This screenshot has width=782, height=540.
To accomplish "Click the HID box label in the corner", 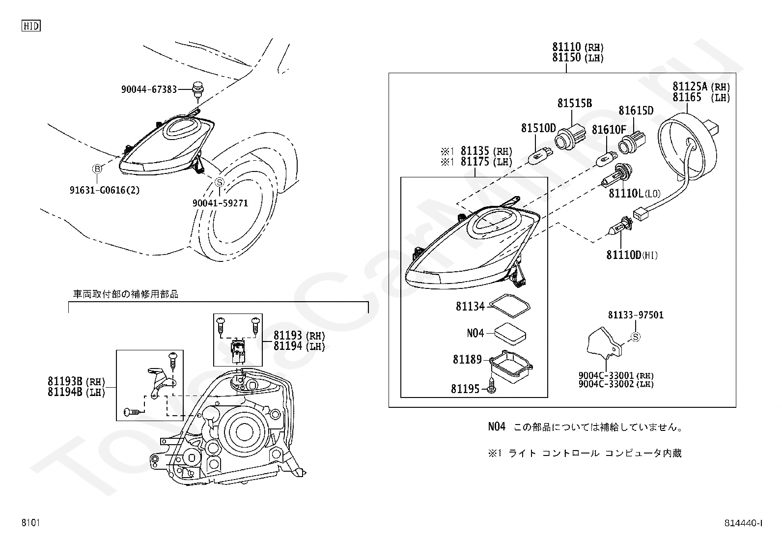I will tap(31, 26).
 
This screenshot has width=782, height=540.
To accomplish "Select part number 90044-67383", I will tap(149, 89).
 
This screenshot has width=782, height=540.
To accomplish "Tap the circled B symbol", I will tap(97, 169).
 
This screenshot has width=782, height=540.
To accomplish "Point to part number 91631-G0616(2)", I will tap(104, 190).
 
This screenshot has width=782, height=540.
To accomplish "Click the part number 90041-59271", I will tap(220, 203).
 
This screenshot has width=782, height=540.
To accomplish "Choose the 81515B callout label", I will tap(574, 103).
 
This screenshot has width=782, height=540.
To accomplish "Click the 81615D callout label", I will tap(636, 111).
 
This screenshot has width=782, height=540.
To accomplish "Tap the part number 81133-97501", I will tap(635, 315).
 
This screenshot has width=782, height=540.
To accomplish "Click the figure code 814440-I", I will tap(743, 523).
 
